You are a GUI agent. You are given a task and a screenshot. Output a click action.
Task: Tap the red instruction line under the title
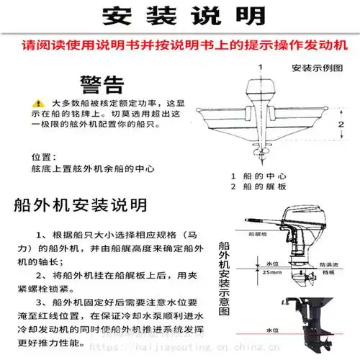coord(179,45)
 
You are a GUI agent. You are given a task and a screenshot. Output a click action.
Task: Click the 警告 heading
coord(102,85)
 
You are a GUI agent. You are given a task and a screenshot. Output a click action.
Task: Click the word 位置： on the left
coord(43,156)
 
